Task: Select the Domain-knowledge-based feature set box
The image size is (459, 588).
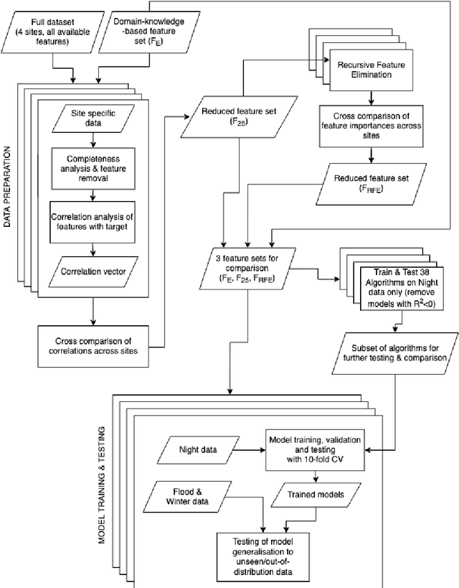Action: (143, 34)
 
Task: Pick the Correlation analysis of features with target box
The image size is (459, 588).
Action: (93, 218)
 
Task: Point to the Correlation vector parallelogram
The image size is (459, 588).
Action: (93, 272)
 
